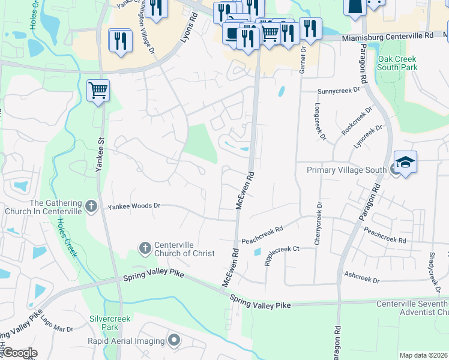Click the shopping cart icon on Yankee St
click(98, 91)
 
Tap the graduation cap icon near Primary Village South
click(405, 162)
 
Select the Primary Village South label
click(346, 170)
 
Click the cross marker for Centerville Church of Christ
click(145, 248)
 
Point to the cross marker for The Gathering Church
click(91, 207)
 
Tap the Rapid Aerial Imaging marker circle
click(174, 341)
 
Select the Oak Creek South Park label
click(397, 64)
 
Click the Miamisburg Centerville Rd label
click(388, 37)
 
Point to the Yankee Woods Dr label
click(134, 206)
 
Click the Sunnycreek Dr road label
click(338, 91)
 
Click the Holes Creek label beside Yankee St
click(68, 237)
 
